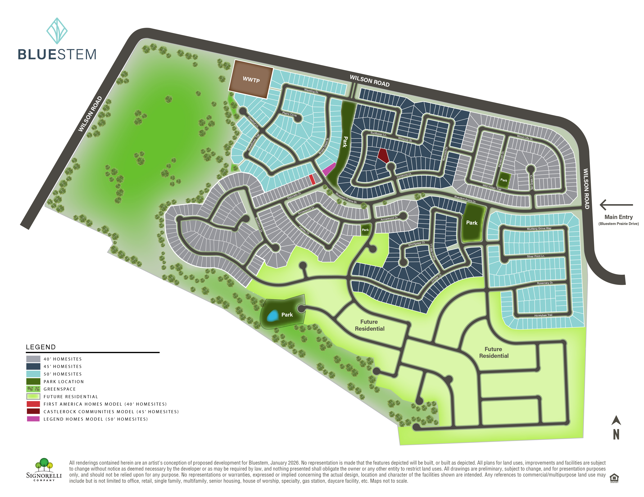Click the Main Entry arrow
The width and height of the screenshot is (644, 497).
616,205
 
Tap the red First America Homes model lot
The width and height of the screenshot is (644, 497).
312,179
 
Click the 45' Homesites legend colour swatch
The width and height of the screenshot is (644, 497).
33,366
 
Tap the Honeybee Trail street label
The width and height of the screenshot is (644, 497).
543,315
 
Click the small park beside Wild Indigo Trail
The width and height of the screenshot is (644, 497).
504,180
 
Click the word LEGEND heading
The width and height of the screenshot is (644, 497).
41,347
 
